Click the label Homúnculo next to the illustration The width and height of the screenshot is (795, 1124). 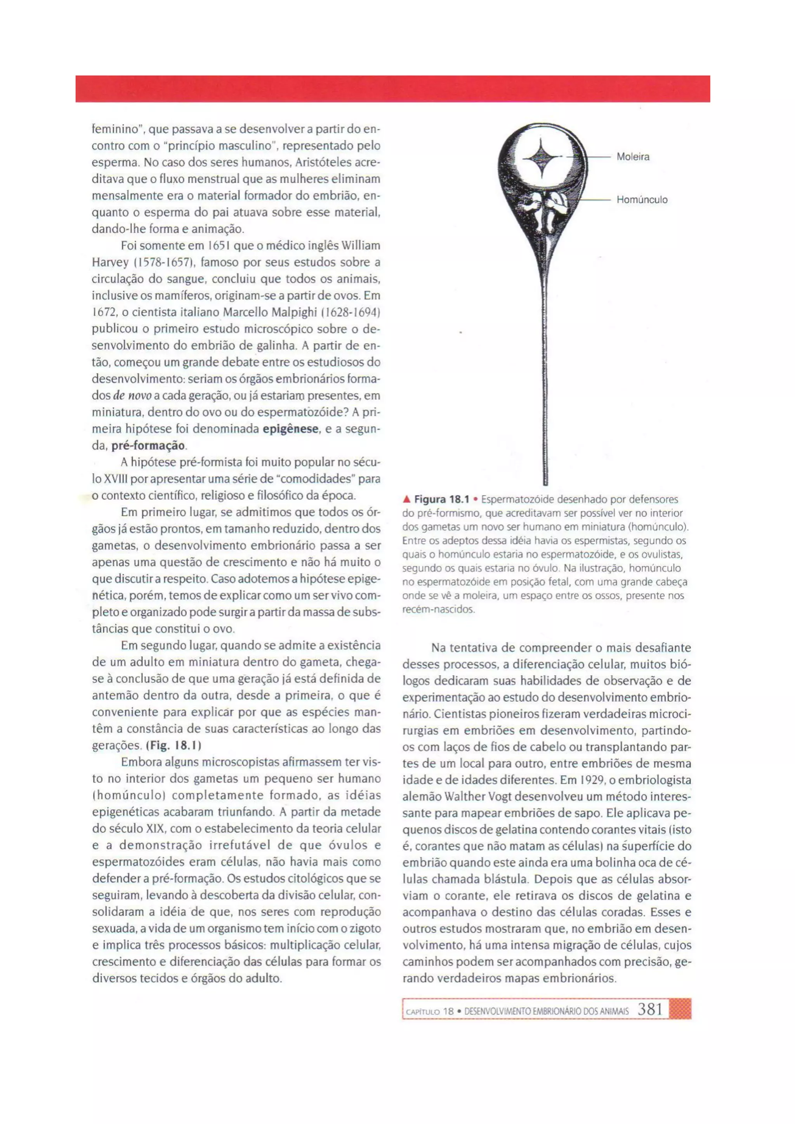coord(642,200)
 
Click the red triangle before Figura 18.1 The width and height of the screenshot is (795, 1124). coord(406,500)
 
